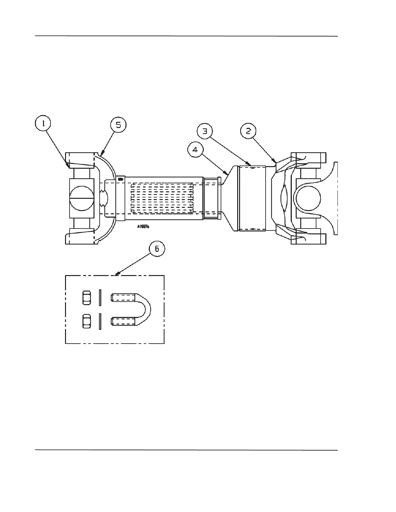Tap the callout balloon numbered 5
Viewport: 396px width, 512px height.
point(118,125)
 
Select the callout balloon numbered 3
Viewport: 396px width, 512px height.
point(205,131)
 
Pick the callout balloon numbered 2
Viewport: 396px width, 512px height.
point(248,131)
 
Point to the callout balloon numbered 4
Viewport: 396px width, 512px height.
point(195,150)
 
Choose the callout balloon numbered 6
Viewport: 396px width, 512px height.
point(157,249)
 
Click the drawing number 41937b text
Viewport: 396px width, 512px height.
point(143,227)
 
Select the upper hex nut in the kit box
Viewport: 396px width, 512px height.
point(86,297)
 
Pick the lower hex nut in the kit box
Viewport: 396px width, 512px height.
point(86,321)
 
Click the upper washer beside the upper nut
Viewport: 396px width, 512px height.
point(100,297)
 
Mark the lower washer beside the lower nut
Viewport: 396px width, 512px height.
point(100,322)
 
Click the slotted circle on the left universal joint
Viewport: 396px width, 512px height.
point(82,198)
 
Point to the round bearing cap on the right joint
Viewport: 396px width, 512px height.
point(307,198)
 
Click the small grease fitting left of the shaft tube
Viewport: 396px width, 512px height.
point(121,179)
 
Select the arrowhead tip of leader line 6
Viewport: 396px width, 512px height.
point(115,276)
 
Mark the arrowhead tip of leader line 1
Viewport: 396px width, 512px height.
point(69,168)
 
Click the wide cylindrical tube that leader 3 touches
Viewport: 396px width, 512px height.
point(252,198)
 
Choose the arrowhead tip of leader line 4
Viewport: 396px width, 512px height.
point(228,174)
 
